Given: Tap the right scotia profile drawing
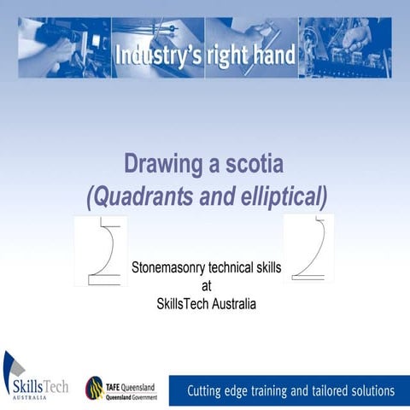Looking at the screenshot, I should (308, 248).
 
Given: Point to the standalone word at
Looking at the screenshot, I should (206, 285).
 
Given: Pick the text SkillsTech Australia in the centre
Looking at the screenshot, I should (206, 303).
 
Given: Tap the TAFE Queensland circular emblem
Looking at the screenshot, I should (95, 388).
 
